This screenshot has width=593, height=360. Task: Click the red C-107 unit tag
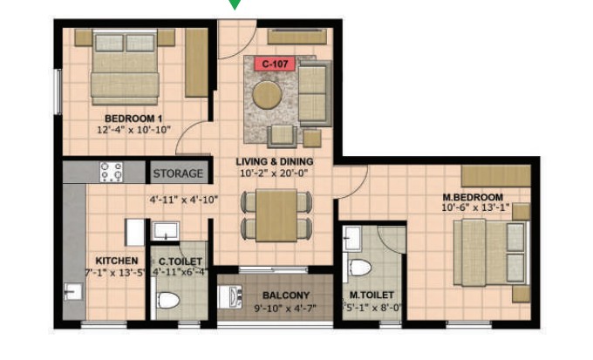pos(275,64)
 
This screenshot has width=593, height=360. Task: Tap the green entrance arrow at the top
pos(235,3)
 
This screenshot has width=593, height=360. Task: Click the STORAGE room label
pos(178,173)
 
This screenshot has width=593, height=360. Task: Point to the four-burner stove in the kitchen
pos(112,172)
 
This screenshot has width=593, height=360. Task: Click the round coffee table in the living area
pos(267,95)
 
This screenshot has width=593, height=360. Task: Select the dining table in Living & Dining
pos(276,215)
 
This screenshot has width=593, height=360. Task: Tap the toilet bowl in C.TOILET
pos(167,300)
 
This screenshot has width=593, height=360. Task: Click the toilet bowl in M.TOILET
pos(360,268)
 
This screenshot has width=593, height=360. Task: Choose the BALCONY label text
pos(286,295)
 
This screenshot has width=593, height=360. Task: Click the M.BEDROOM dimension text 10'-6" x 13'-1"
pos(475,207)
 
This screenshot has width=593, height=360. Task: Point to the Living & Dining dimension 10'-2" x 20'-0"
pos(274,173)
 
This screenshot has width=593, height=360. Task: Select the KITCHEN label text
pos(117,261)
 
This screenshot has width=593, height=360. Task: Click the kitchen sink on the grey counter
pos(73,291)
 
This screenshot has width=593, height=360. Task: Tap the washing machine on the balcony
pos(230,297)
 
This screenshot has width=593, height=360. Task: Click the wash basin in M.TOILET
pos(352,238)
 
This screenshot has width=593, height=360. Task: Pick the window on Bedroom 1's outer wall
pos(58,92)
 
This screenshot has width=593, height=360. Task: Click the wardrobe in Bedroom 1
pos(196,63)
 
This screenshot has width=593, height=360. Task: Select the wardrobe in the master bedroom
pos(496,176)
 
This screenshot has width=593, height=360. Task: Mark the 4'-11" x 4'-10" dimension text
pos(184,200)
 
